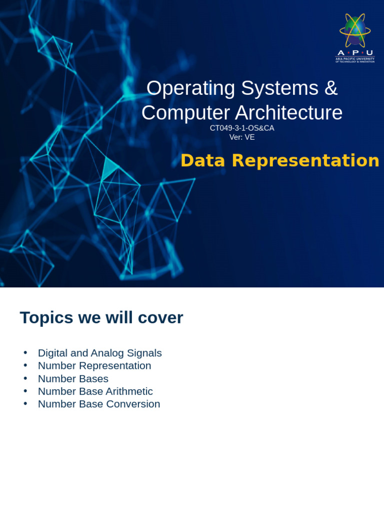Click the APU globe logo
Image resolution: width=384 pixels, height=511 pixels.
tap(355, 30)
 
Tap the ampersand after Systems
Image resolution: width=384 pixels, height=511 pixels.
tap(330, 88)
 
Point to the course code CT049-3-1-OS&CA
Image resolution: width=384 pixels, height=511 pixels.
tap(242, 128)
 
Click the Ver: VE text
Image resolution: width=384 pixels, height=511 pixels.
tap(242, 137)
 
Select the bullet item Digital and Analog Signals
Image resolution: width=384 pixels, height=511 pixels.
tap(100, 353)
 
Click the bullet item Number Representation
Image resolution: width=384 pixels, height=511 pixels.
tap(94, 366)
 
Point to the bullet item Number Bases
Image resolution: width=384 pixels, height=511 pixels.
tap(73, 379)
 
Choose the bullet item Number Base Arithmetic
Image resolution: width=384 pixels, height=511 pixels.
tap(95, 391)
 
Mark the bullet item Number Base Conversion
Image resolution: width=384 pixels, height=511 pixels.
tap(99, 404)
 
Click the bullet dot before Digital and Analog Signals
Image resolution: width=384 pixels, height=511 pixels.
tap(25, 353)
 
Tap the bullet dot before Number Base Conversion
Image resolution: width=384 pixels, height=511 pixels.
tap(25, 404)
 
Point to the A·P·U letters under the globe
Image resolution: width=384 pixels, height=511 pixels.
tap(355, 53)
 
